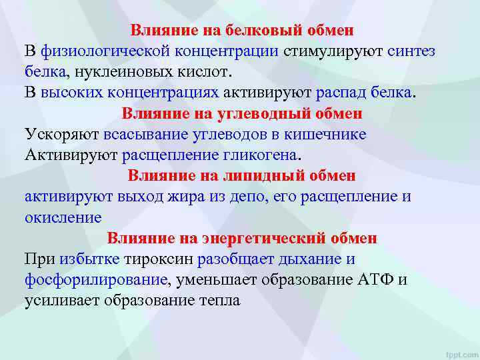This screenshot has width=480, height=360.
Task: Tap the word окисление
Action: point(63,217)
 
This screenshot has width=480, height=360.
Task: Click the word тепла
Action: point(217,300)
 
